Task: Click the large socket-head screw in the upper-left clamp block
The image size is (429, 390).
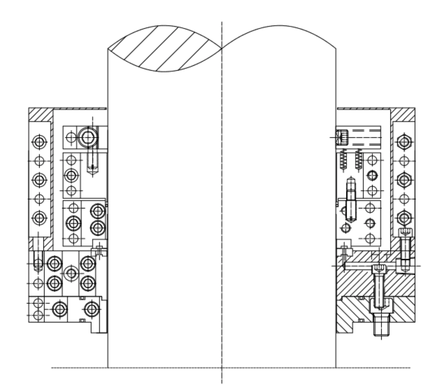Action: tap(88, 136)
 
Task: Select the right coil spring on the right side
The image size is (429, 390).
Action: tap(359, 159)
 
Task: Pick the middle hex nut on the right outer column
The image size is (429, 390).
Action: tap(403, 179)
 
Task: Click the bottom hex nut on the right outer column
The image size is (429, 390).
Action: tap(403, 217)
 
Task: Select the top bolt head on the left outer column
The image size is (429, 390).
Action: tap(39, 142)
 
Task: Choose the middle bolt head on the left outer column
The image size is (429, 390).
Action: tap(39, 179)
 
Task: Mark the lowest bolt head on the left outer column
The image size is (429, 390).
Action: tap(39, 217)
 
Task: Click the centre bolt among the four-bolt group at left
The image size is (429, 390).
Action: tap(71, 273)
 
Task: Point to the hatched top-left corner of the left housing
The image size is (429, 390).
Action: tap(40, 114)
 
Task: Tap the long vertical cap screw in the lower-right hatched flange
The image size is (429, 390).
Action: tap(379, 287)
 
